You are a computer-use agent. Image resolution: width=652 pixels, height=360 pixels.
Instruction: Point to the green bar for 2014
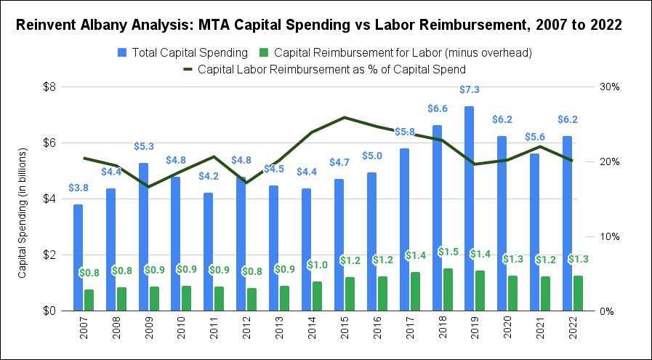point(318,296)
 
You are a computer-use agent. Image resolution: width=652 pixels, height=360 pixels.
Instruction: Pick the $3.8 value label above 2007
point(79,188)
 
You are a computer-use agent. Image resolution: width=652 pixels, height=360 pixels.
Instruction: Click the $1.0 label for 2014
point(318,265)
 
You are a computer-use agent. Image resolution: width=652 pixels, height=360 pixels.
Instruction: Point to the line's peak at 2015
point(345,117)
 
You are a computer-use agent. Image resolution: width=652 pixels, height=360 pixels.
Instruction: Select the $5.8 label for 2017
point(405,132)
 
